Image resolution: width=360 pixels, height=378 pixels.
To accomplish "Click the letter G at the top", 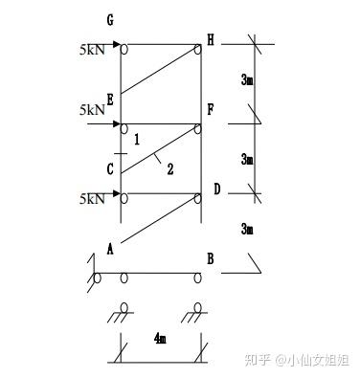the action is click(x=110, y=20).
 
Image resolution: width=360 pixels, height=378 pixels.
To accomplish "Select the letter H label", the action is click(x=211, y=40).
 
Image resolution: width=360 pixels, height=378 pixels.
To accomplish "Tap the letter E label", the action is click(x=110, y=100).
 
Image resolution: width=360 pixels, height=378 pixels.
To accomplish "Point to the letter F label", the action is click(x=211, y=110).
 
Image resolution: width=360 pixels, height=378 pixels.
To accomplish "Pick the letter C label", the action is click(x=110, y=169).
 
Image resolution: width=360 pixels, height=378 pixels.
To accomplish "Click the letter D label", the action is click(x=217, y=189).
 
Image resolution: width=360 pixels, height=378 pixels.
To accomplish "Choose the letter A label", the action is click(x=110, y=249).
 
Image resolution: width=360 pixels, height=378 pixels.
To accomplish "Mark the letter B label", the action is click(x=211, y=258).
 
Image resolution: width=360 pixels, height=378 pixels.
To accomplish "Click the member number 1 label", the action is click(x=137, y=140).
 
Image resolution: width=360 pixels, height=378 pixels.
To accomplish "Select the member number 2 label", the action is click(x=170, y=168).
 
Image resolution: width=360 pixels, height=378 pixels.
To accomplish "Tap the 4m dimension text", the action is click(x=160, y=338).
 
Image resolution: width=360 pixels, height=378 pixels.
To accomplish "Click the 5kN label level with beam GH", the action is click(x=92, y=50).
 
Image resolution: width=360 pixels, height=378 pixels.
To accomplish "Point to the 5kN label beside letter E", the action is click(x=92, y=110).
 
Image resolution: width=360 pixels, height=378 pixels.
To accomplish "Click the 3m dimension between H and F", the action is click(x=247, y=79).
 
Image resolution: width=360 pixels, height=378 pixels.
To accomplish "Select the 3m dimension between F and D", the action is click(x=247, y=159).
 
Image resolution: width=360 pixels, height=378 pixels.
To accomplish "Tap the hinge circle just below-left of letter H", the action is click(x=198, y=50).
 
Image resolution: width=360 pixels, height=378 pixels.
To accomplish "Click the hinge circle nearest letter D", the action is click(x=198, y=198).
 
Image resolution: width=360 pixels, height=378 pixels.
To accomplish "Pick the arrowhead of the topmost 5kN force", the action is click(x=117, y=44).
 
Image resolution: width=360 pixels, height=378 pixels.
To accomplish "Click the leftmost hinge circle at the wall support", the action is click(x=97, y=278).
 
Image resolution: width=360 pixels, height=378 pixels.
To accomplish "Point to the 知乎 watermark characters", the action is click(x=258, y=360).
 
